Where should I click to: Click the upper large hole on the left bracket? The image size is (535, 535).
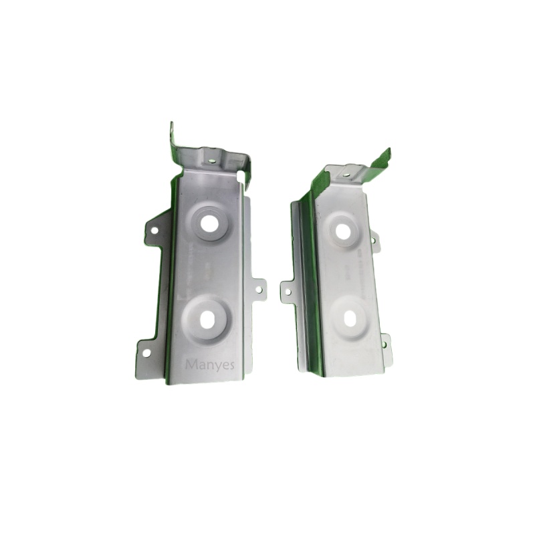click(211, 223)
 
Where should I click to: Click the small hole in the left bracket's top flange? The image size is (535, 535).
click(212, 160)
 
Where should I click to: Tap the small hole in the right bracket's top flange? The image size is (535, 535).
click(346, 175)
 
